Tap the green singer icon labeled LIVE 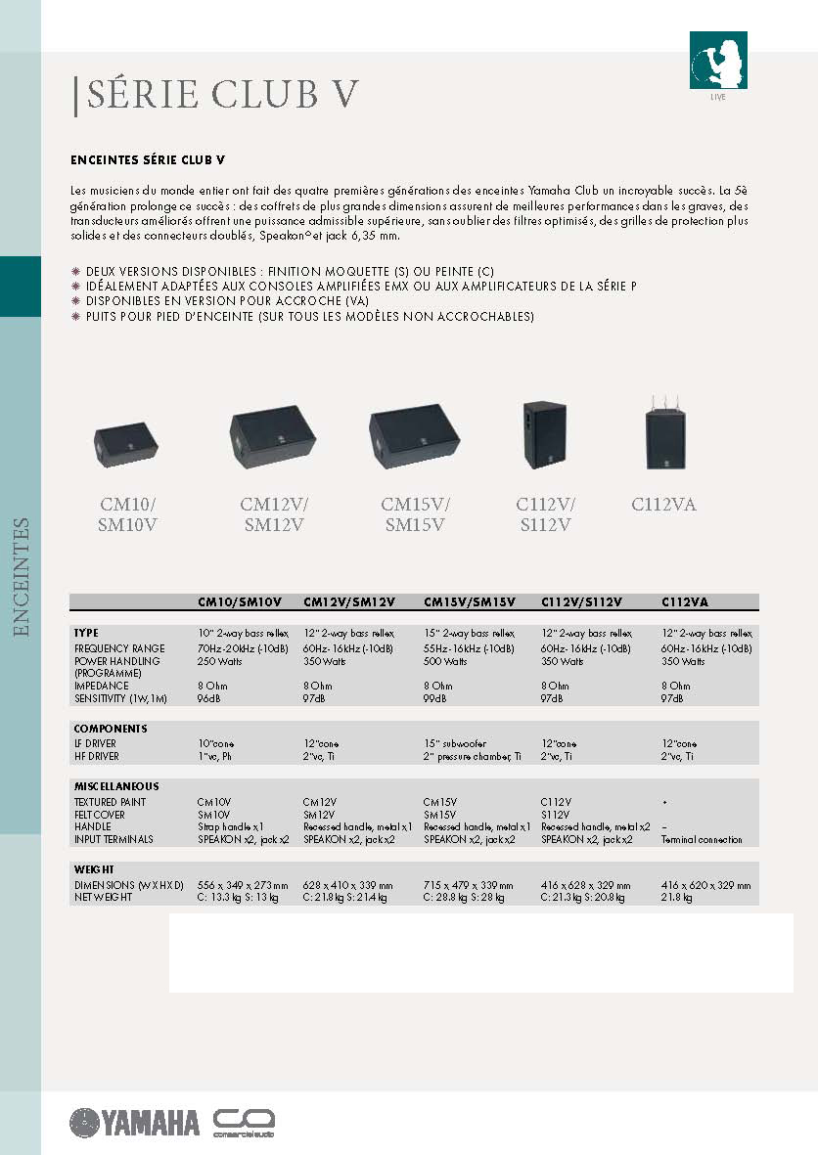[718, 61]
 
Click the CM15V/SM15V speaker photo [413, 435]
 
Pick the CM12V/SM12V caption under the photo [274, 514]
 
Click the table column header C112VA [685, 602]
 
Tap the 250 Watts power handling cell [220, 661]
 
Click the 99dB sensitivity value [435, 698]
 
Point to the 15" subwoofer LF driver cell [455, 743]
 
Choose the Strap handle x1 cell [231, 826]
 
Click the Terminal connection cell [702, 839]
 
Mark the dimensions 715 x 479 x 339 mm [468, 885]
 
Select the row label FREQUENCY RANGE [119, 648]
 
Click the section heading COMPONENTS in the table [111, 729]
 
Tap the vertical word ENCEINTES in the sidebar [22, 577]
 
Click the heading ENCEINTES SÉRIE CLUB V [149, 159]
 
